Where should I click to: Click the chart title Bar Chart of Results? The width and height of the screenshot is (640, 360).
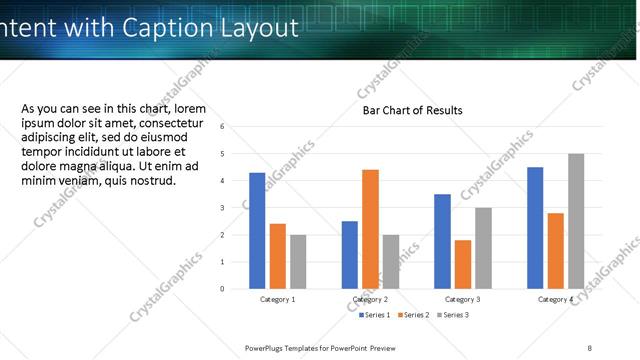pos(412,110)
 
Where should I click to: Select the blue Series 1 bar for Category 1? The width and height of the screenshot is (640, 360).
pos(257,231)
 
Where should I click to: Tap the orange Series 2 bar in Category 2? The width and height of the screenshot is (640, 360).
pos(370,229)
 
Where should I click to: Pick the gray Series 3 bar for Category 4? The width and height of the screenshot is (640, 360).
pos(575,221)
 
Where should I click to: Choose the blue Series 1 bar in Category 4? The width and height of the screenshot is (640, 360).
pos(535,228)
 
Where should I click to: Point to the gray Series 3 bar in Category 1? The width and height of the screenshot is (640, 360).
pos(298,262)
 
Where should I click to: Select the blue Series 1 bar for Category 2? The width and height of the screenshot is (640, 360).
pos(350,255)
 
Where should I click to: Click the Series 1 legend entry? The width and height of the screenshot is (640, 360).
pos(376,315)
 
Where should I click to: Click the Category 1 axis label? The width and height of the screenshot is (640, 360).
pos(277,300)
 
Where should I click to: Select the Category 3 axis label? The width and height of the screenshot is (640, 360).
pos(462,300)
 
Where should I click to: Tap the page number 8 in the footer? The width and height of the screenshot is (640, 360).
pos(590,348)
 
